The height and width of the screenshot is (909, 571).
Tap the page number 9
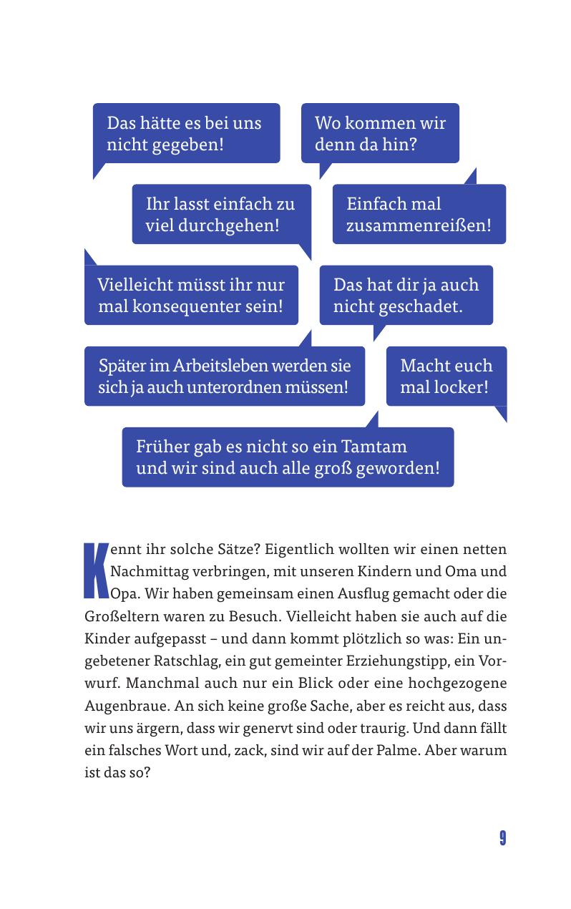tap(503, 838)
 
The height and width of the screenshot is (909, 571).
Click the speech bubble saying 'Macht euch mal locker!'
tap(446, 376)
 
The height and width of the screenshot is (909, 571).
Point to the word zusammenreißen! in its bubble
tap(419, 225)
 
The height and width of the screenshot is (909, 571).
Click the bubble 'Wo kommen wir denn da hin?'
tap(380, 133)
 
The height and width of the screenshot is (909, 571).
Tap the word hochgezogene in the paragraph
tap(459, 683)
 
